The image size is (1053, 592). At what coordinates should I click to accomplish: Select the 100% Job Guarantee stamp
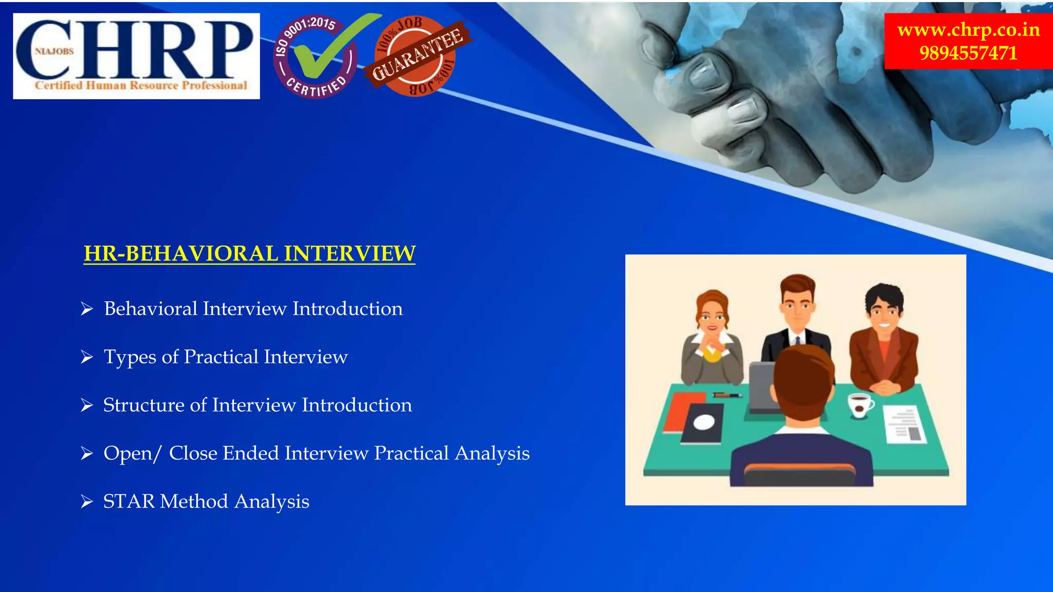(416, 55)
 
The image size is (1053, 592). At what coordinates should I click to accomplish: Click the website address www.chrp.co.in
(968, 29)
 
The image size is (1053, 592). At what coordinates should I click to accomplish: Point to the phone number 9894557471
(968, 53)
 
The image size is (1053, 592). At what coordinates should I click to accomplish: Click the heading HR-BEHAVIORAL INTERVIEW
(249, 253)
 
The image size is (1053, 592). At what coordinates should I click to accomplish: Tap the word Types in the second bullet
(130, 357)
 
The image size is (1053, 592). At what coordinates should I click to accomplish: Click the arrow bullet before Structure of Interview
(87, 405)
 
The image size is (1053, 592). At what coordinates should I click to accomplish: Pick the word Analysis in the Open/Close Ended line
(492, 453)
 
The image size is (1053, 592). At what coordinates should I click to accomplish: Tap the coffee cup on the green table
(860, 405)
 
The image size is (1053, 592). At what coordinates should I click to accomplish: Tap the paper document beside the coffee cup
(905, 424)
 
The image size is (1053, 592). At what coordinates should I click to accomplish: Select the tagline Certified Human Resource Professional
(141, 85)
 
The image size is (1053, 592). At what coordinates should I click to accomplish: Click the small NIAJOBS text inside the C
(54, 51)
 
